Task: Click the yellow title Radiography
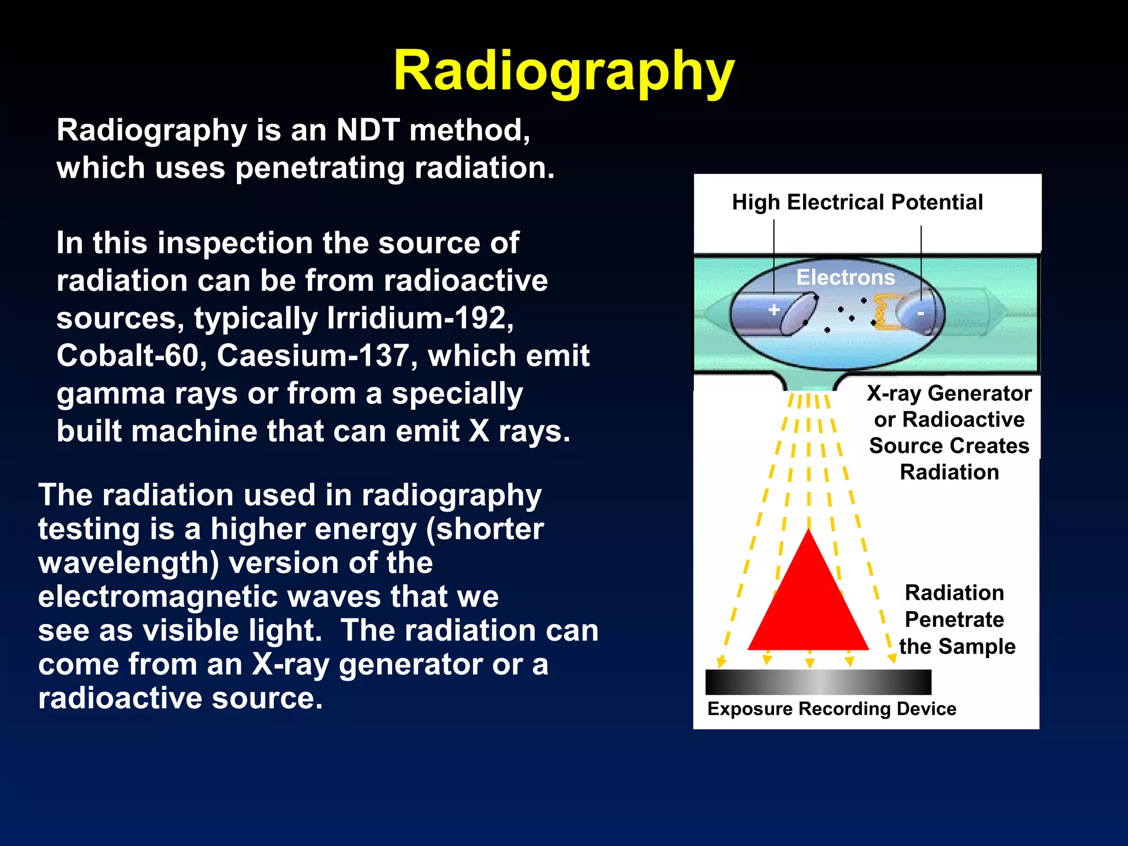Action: coord(563,72)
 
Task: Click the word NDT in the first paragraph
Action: coord(368,131)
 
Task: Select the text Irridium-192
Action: coord(420,318)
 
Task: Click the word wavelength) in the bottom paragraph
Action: coord(128,563)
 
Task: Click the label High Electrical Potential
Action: coord(857,202)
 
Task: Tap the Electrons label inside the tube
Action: coord(845,277)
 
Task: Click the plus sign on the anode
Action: coord(774,310)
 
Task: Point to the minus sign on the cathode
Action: coord(920,313)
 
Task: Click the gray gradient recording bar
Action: coord(818,682)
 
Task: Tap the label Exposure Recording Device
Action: coord(832,709)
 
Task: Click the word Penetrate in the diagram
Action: coord(954,620)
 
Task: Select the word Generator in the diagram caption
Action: coord(979,393)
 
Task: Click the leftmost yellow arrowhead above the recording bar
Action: coord(720,662)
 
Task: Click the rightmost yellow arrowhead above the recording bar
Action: coord(892,658)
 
